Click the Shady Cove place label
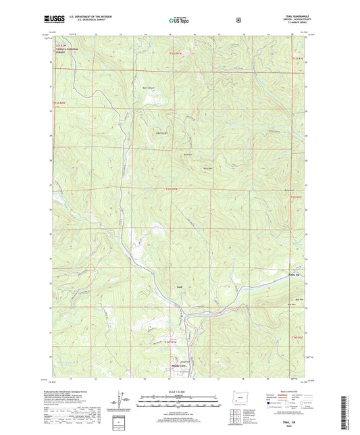coord(175,367)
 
